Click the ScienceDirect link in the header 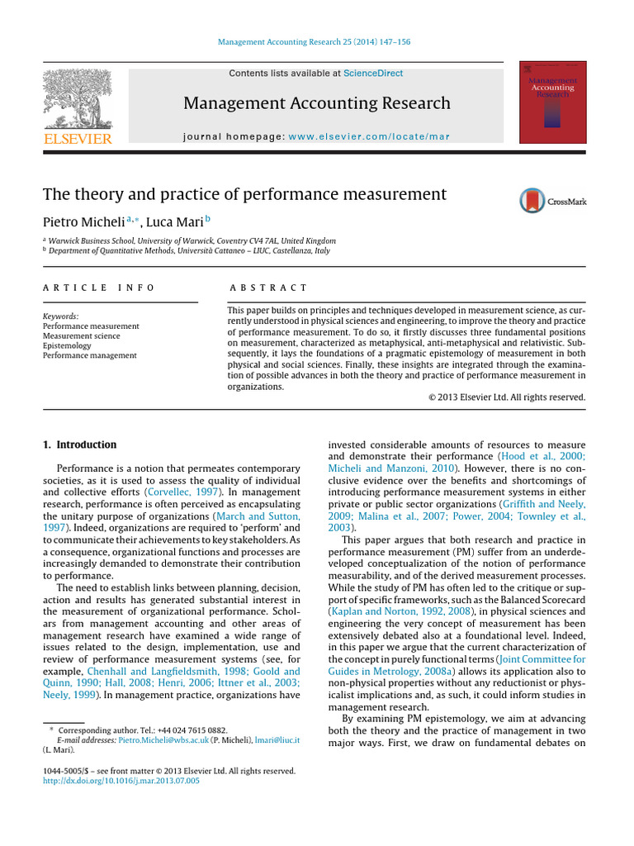(x=373, y=74)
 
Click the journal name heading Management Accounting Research (x=317, y=103)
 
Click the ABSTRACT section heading (x=267, y=288)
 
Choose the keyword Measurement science (x=81, y=336)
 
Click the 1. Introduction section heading (x=80, y=444)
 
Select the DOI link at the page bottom (x=121, y=781)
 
